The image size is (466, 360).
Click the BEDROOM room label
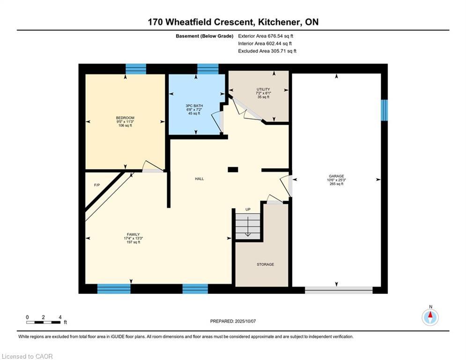(x=125, y=118)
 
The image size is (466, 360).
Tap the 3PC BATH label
(x=195, y=106)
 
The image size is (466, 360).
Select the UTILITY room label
(x=263, y=89)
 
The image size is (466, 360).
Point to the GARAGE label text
(x=336, y=176)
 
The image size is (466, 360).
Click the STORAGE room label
(x=265, y=264)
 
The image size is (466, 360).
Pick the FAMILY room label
(x=133, y=234)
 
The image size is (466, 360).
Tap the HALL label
(x=200, y=179)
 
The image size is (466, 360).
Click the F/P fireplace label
(x=97, y=185)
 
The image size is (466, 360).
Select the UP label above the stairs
(x=248, y=209)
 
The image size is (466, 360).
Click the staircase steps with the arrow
(x=247, y=226)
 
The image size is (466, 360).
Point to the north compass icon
(x=430, y=317)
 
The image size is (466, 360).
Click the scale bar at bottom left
(x=43, y=322)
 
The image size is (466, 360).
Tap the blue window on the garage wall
(x=384, y=110)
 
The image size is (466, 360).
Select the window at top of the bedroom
(x=136, y=69)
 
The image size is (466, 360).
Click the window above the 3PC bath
(x=207, y=69)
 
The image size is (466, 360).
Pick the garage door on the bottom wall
(x=339, y=290)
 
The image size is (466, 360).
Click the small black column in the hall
(x=233, y=170)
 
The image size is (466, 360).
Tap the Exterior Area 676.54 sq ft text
(x=266, y=36)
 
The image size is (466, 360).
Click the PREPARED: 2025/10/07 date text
(x=233, y=321)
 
